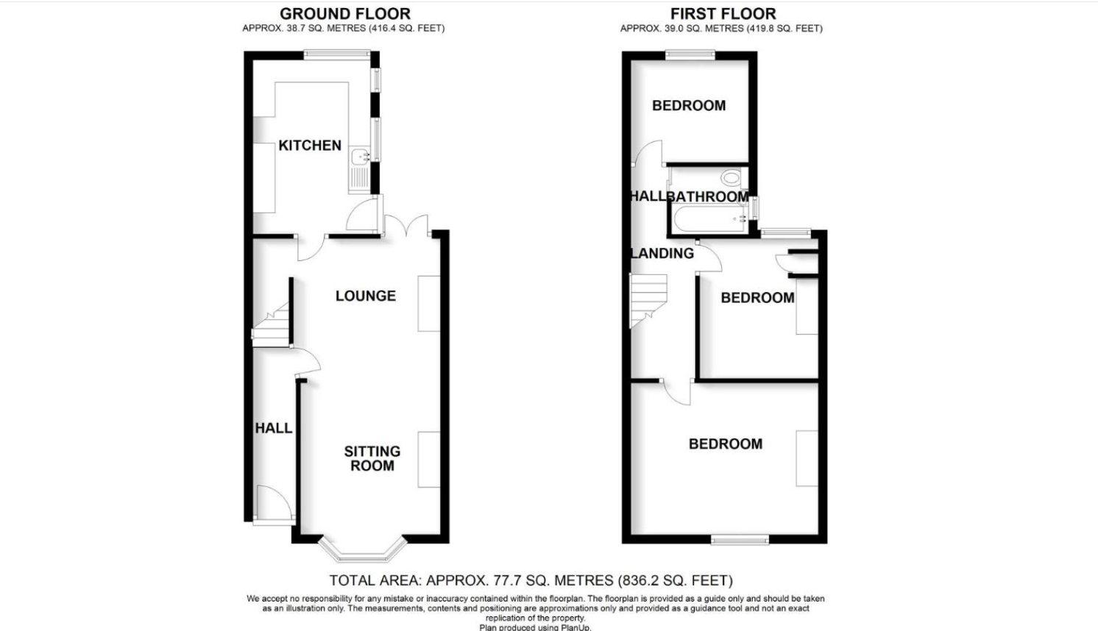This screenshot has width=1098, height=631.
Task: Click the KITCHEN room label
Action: [310, 146]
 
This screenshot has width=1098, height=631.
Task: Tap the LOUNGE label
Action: [366, 296]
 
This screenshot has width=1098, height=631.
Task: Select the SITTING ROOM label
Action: [372, 458]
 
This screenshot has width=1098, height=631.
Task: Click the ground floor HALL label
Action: [274, 428]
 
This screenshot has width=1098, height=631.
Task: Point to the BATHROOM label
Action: [708, 196]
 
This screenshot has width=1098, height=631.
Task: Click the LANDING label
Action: [662, 253]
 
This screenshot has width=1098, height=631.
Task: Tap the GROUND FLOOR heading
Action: [344, 13]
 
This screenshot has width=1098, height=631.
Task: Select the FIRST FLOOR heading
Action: [723, 13]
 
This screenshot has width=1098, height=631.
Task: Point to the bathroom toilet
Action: [731, 177]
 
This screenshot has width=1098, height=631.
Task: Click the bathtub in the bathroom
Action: [708, 219]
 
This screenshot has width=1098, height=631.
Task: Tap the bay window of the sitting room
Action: [363, 550]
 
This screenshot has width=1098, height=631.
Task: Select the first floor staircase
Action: [648, 300]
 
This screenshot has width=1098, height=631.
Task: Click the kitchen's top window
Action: [337, 54]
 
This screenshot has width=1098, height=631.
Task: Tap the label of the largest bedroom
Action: [725, 443]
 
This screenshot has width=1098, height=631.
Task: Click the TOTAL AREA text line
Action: [531, 580]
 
